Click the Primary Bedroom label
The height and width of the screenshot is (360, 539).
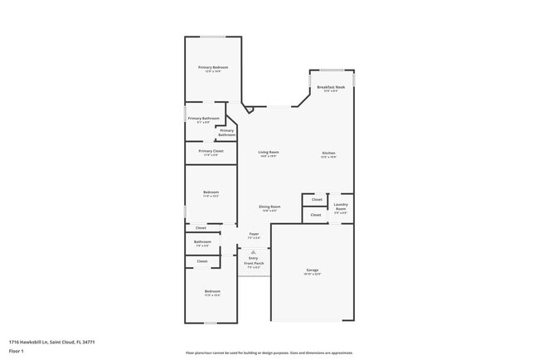[212, 67]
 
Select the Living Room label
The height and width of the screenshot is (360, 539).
[268, 152]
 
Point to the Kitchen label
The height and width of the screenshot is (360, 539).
[328, 153]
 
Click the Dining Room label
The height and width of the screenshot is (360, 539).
[269, 207]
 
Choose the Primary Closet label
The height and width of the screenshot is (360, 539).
[211, 151]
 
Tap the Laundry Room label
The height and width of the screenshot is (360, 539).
[340, 206]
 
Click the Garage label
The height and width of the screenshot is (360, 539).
[313, 270]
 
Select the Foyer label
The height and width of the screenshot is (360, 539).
[254, 234]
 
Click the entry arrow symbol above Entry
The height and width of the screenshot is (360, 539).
[252, 251]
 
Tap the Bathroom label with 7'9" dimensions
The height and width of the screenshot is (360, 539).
[202, 242]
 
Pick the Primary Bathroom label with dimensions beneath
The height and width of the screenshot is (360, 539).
[203, 119]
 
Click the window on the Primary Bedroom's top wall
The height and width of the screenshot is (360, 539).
[212, 36]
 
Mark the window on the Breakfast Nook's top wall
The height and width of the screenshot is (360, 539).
[332, 70]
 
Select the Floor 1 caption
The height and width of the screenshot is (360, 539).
[16, 351]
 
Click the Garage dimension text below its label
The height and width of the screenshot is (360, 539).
[313, 274]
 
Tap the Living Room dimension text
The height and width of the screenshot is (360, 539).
[268, 156]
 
